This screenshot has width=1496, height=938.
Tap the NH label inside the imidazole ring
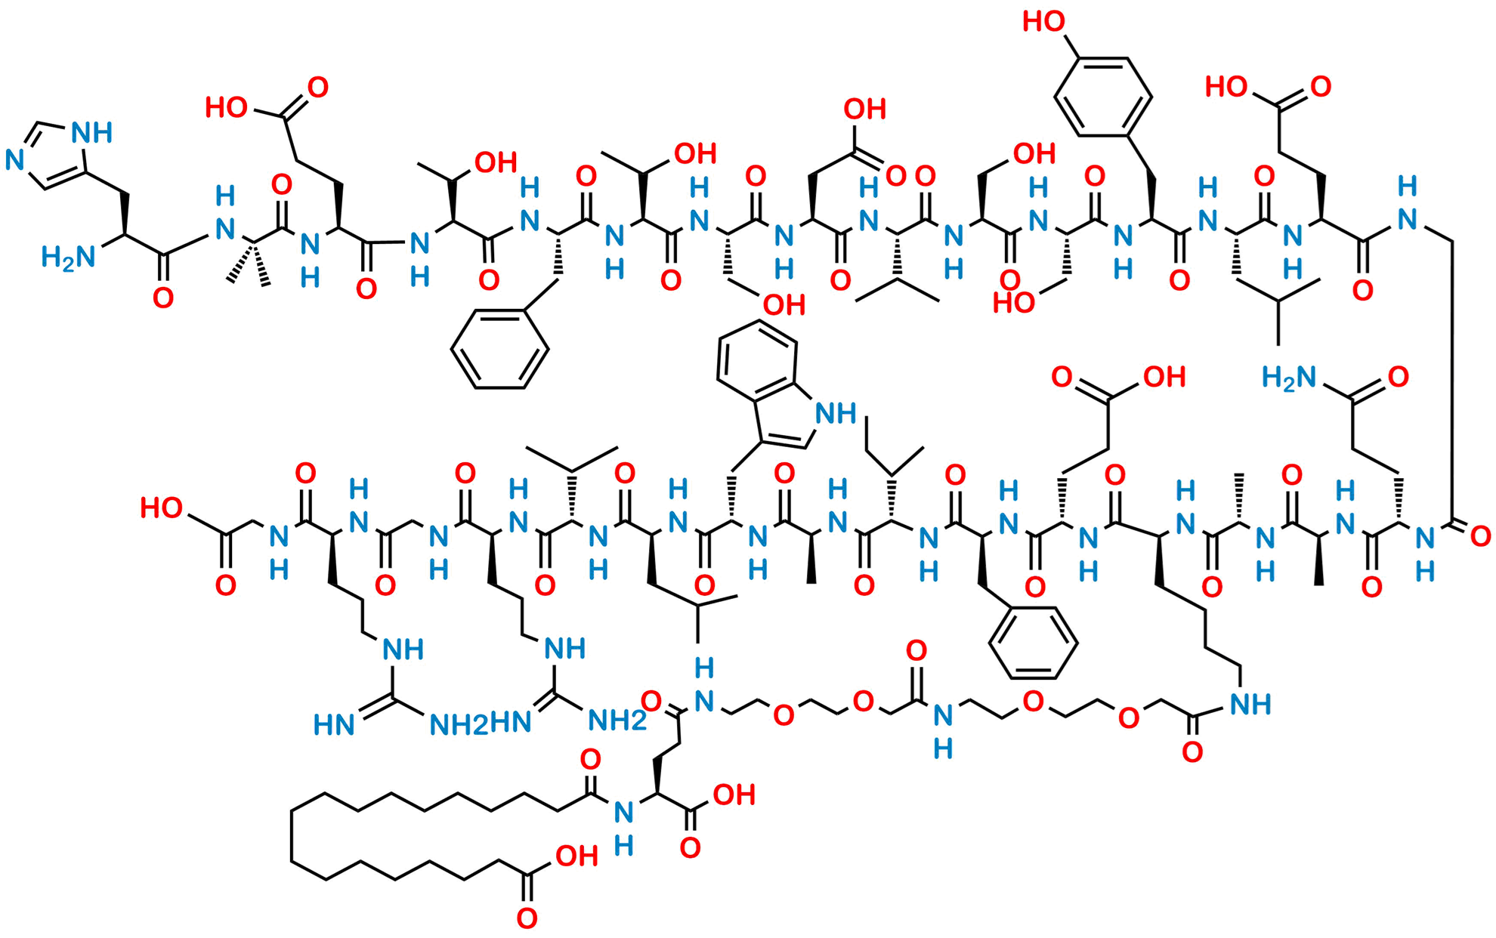pos(92,133)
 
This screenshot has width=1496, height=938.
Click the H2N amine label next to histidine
pos(68,258)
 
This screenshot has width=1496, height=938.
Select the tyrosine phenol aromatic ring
pos(1104,95)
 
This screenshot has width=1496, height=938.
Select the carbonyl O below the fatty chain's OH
pos(527,918)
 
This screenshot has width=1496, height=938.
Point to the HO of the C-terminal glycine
pos(161,508)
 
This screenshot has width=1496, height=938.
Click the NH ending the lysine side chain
pos(1250,705)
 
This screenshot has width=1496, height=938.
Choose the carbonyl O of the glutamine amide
pos(1399,376)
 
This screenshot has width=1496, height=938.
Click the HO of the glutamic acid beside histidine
pos(226,108)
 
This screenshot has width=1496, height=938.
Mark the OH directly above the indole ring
pos(784,305)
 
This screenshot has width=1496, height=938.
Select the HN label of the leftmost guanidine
pos(334,726)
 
